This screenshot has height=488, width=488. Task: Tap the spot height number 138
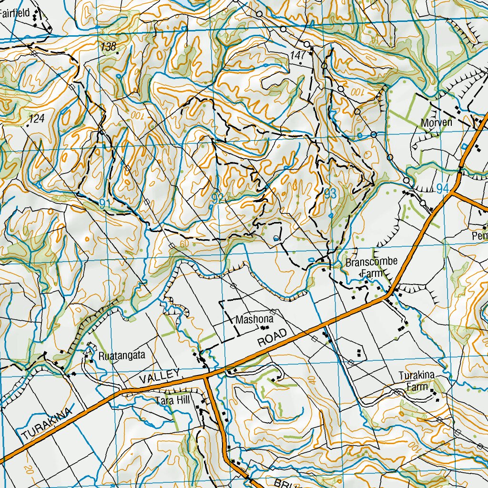point(109,46)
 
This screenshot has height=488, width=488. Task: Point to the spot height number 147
point(297,56)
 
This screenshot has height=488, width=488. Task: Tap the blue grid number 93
point(331,193)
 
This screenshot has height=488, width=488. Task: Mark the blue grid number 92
point(217,199)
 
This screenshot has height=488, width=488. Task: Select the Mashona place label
point(254,319)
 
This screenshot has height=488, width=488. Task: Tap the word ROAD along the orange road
point(273,338)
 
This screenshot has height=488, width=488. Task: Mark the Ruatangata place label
point(121,356)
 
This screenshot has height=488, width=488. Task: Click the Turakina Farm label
point(417,381)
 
